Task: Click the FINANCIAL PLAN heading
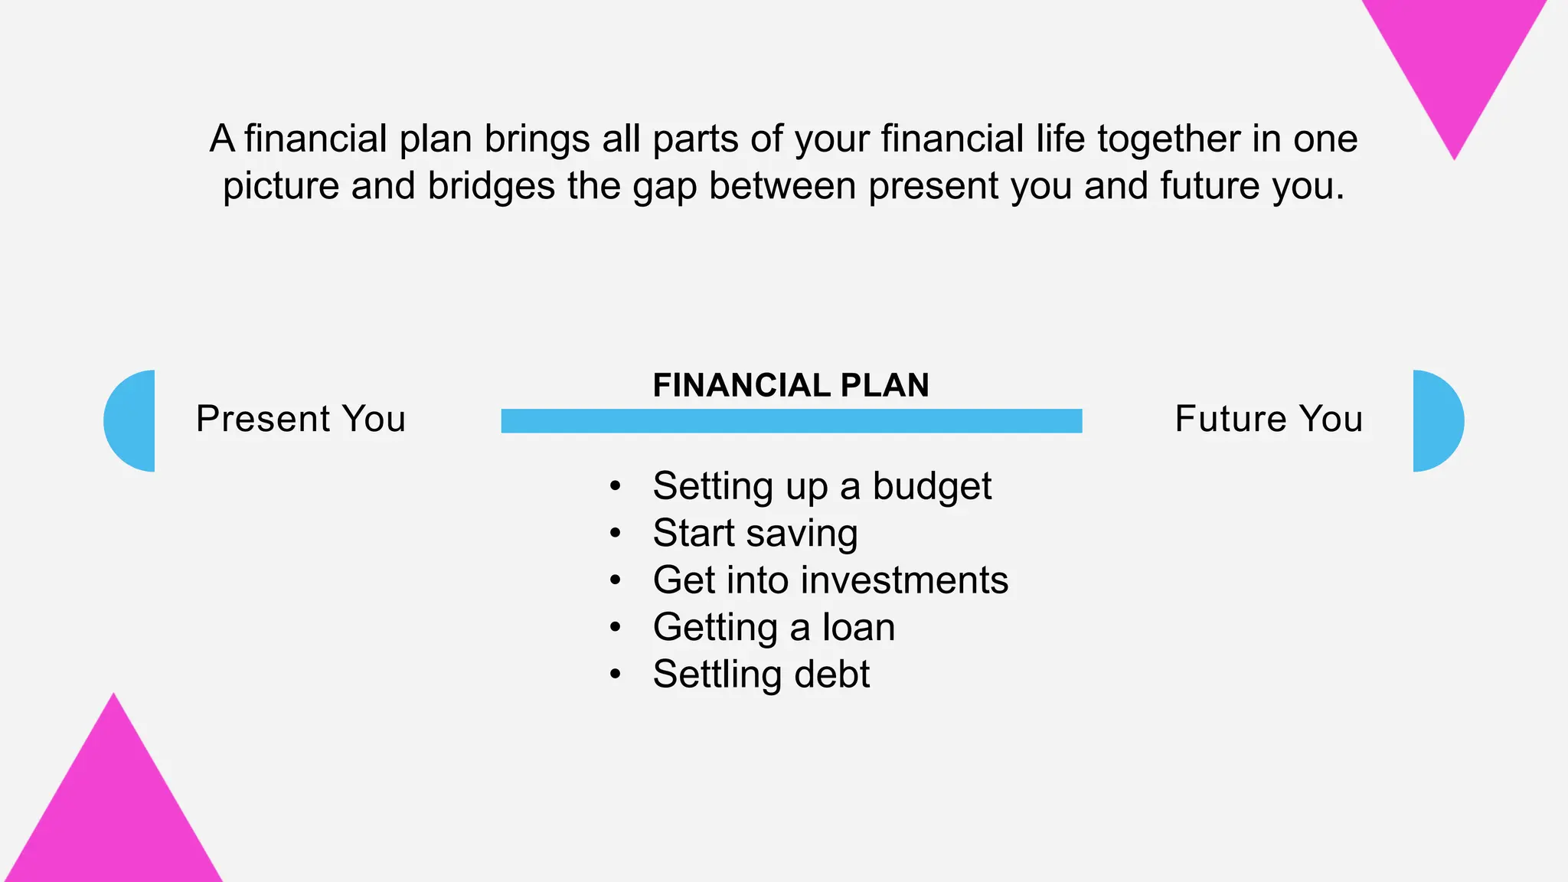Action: coord(791,385)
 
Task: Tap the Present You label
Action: coord(300,419)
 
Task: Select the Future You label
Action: coord(1269,419)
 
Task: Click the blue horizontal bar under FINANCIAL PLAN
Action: coord(791,421)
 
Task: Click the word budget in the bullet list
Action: coord(932,487)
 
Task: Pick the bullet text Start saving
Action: coord(755,534)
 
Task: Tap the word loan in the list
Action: coord(858,627)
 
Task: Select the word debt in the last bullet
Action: coord(831,675)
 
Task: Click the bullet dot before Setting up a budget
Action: coord(615,487)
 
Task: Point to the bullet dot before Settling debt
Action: coord(615,675)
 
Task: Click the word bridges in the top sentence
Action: coord(491,186)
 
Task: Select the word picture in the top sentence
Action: coord(280,186)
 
